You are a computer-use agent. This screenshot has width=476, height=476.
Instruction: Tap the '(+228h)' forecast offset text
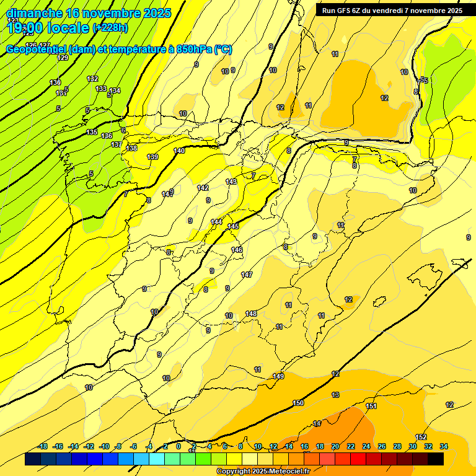click(110, 28)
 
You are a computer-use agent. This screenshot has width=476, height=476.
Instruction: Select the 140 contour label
click(179, 151)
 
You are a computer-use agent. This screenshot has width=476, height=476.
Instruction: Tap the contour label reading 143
click(231, 182)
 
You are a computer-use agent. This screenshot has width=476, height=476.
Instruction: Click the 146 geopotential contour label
click(237, 250)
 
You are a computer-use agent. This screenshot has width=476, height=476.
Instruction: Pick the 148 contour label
click(251, 314)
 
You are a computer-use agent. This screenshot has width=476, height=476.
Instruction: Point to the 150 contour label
click(298, 403)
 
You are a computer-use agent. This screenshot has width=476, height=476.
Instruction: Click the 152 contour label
click(421, 437)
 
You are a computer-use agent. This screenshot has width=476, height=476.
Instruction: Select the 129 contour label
click(63, 58)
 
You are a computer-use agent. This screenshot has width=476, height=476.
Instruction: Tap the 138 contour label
click(132, 148)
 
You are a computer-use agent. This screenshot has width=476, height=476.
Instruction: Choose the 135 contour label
click(92, 132)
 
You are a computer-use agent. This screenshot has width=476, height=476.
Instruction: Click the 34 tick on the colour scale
click(444, 446)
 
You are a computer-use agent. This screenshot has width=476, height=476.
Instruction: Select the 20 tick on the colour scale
click(335, 446)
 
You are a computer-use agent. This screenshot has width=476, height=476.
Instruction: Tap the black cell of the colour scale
click(436, 459)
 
